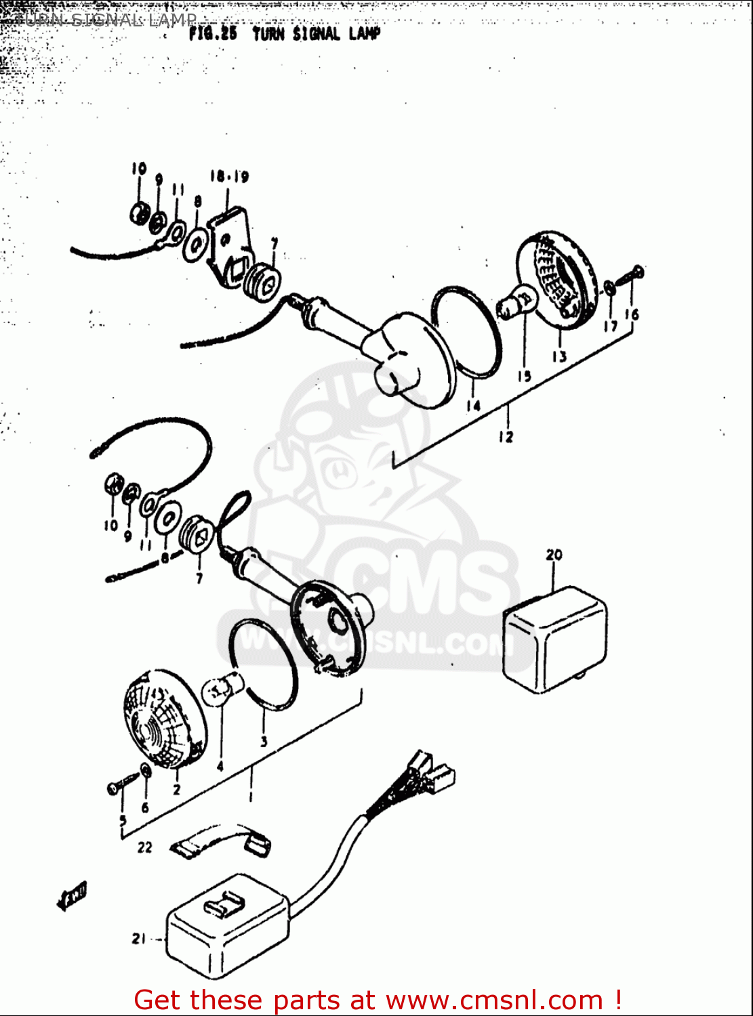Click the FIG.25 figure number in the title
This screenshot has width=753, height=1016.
(x=213, y=34)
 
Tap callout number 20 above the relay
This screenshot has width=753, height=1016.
(x=554, y=555)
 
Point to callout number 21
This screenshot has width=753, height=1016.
(x=139, y=939)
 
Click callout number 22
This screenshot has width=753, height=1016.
(x=145, y=847)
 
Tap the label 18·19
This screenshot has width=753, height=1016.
(x=228, y=177)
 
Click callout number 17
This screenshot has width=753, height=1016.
(x=611, y=326)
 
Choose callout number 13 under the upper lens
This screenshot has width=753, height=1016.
(x=558, y=356)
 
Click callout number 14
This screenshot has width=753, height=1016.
(x=473, y=406)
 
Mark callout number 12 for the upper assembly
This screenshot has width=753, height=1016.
(x=506, y=437)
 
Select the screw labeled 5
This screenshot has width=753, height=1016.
(x=116, y=786)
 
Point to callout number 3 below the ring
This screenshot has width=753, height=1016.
(x=264, y=741)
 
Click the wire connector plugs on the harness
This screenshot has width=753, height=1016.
(x=427, y=771)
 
